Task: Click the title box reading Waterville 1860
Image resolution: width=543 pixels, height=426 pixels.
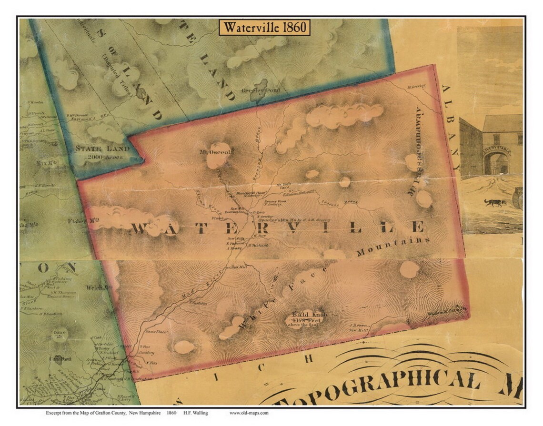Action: (x=265, y=27)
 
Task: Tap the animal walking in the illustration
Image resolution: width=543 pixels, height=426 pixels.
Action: (x=495, y=202)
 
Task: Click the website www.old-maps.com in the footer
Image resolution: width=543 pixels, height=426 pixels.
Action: (x=249, y=413)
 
